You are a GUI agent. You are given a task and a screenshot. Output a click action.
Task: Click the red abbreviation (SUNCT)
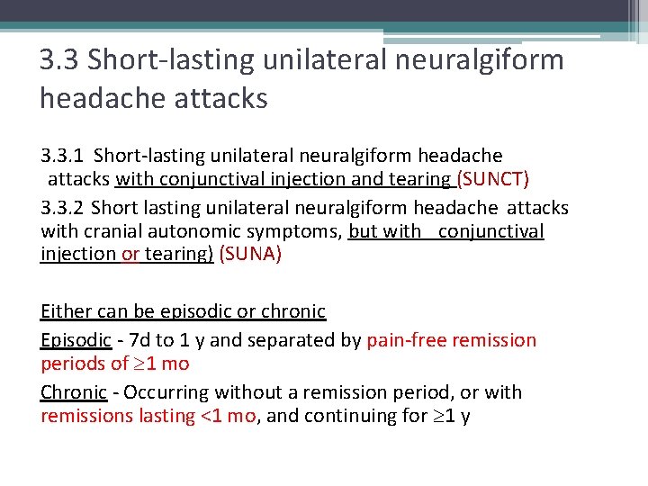(494, 179)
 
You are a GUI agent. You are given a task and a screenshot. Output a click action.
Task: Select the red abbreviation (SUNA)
(250, 254)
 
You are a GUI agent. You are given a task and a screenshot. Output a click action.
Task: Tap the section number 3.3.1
(63, 157)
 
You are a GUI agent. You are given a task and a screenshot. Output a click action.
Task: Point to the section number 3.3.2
(63, 208)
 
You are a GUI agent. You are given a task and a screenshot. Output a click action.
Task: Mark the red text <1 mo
(226, 416)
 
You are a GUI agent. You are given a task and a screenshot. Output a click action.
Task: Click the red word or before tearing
(130, 254)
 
